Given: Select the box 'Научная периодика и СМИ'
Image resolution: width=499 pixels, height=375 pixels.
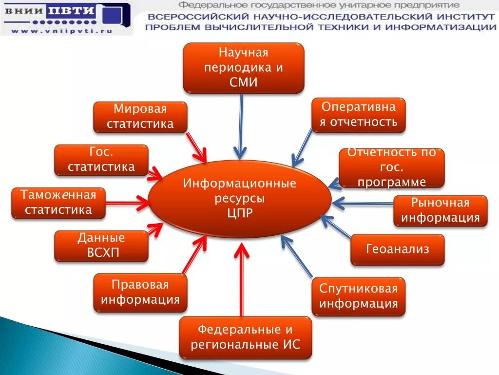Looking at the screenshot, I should [243, 67].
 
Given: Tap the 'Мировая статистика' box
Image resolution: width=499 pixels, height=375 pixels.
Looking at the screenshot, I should [140, 117].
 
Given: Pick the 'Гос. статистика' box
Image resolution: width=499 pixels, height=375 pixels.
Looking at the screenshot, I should [101, 160].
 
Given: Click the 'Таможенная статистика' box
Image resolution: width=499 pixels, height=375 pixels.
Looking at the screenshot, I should [58, 203].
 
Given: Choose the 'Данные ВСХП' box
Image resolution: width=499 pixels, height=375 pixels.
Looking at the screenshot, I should [101, 246].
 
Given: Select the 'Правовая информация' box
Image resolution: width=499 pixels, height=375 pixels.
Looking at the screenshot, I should [140, 292].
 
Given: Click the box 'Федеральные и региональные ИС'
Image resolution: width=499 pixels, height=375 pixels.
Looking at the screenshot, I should [245, 337].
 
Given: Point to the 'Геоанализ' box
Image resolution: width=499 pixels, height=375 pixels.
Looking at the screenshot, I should [397, 250].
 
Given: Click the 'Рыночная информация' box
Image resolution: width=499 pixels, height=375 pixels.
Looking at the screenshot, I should [440, 210].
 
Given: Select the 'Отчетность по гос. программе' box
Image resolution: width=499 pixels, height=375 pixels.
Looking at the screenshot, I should [391, 167].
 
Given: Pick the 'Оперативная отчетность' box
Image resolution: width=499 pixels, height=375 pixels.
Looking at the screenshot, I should [358, 115].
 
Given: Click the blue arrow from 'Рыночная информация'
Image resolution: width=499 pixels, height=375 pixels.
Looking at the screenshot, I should [363, 203].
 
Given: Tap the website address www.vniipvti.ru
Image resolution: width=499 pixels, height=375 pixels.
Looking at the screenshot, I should [62, 30].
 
